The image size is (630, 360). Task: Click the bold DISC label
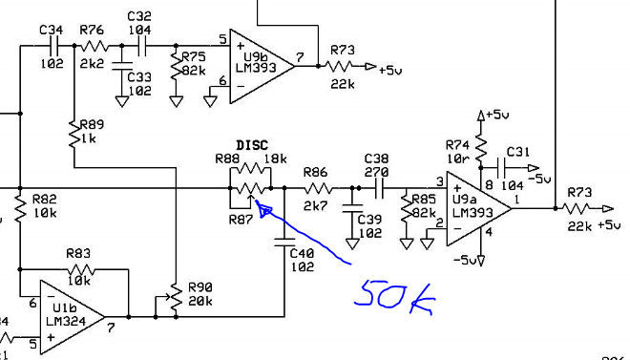[252, 145]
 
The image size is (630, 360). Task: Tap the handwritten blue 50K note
[394, 298]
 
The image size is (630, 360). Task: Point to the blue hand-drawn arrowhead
[264, 209]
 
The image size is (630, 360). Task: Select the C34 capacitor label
[51, 30]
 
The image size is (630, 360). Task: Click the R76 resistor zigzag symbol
[94, 46]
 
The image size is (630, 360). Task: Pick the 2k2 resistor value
[92, 63]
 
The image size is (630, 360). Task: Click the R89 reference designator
[92, 124]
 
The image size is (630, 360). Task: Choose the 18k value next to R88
[275, 159]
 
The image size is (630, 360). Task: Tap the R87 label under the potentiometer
[241, 220]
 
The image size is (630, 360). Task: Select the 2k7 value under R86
[315, 205]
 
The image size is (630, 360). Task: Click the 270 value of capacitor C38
[376, 173]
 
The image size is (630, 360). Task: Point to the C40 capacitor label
[302, 253]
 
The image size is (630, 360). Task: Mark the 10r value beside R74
[457, 159]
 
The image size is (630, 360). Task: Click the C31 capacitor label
[518, 152]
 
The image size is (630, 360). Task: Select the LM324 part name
[66, 322]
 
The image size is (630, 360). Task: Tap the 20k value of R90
[200, 301]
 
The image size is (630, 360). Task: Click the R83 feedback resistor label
[78, 253]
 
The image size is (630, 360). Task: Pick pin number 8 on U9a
[489, 185]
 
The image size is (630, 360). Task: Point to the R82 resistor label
[44, 200]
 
